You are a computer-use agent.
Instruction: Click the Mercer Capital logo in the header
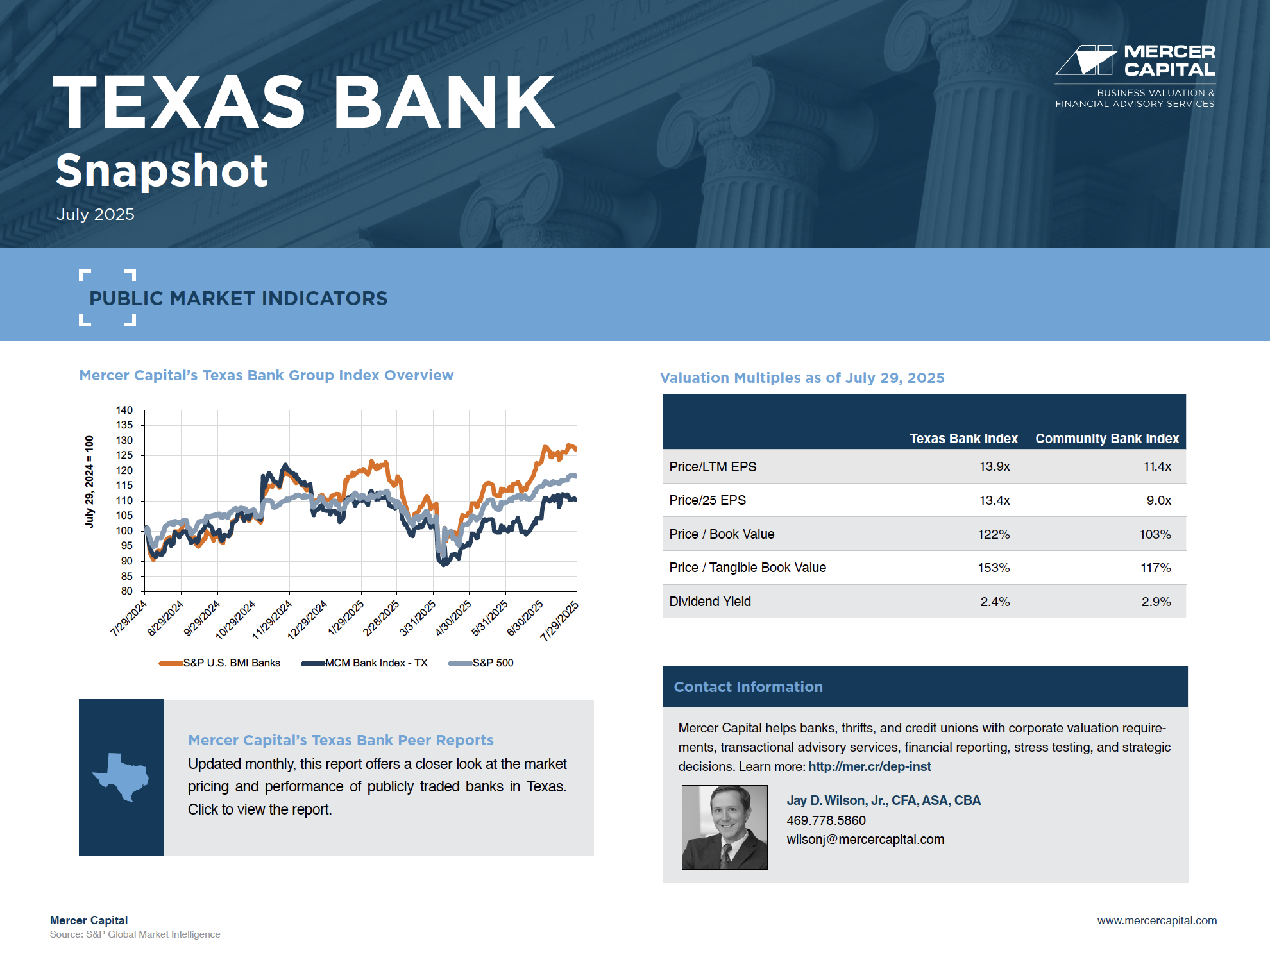[x=1135, y=76]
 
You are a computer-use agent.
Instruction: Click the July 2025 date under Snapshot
[x=96, y=214]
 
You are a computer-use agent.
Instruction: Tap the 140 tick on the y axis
[x=124, y=410]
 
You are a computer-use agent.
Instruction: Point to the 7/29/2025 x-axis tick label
[x=560, y=621]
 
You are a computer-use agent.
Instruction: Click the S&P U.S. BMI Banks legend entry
[x=219, y=663]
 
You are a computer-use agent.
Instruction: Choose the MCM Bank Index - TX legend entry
[x=364, y=663]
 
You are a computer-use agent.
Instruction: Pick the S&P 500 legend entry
[x=481, y=663]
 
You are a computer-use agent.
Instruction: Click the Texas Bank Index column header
[x=963, y=439]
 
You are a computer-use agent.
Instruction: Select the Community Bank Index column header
[x=1107, y=439]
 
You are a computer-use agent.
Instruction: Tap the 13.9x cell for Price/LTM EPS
[x=994, y=467]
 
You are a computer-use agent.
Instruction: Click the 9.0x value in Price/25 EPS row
[x=1159, y=500]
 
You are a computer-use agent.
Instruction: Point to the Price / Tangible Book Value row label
[x=747, y=568]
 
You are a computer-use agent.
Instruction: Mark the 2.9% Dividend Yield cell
[x=1156, y=602]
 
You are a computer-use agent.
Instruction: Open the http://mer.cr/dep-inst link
[x=870, y=766]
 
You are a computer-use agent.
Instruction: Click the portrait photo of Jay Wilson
[x=725, y=827]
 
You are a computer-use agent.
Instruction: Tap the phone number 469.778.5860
[x=826, y=820]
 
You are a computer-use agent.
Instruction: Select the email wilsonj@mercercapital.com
[x=865, y=840]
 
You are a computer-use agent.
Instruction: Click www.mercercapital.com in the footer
[x=1157, y=920]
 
